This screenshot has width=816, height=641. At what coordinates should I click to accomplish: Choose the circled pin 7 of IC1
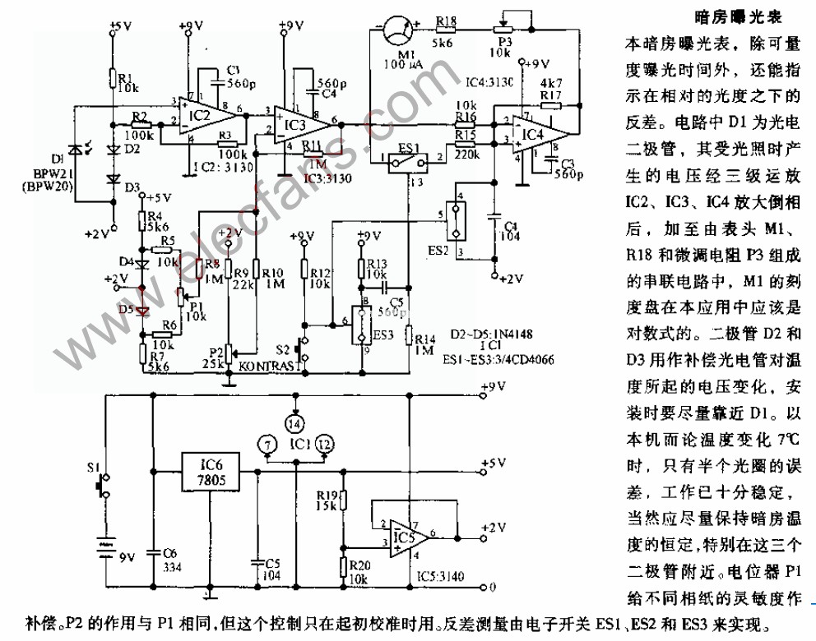[265, 444]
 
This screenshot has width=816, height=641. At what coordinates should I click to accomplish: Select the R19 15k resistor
[344, 500]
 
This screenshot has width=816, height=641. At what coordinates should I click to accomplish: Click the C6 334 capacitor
[154, 552]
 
